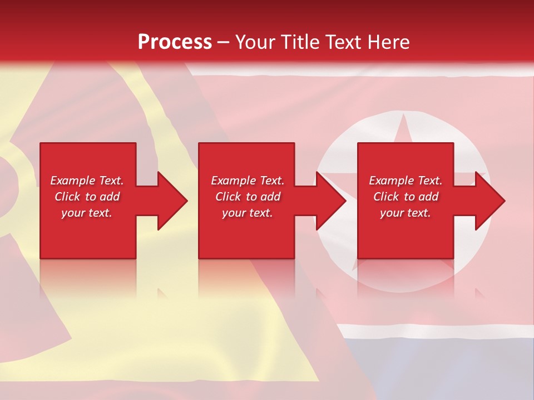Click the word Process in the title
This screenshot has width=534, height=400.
175,42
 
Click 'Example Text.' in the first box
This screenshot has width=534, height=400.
87,181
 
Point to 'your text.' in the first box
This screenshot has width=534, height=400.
87,213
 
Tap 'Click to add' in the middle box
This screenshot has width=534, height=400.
248,197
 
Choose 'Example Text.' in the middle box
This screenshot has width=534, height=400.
248,181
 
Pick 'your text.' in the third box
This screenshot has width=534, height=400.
406,213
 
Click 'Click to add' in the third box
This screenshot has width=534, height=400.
406,197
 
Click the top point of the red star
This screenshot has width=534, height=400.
403,116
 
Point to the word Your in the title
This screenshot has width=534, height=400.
255,42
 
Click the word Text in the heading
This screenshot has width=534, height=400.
341,42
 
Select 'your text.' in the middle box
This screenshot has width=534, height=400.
248,213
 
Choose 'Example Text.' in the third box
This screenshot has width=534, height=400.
406,181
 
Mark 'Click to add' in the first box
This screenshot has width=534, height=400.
87,197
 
